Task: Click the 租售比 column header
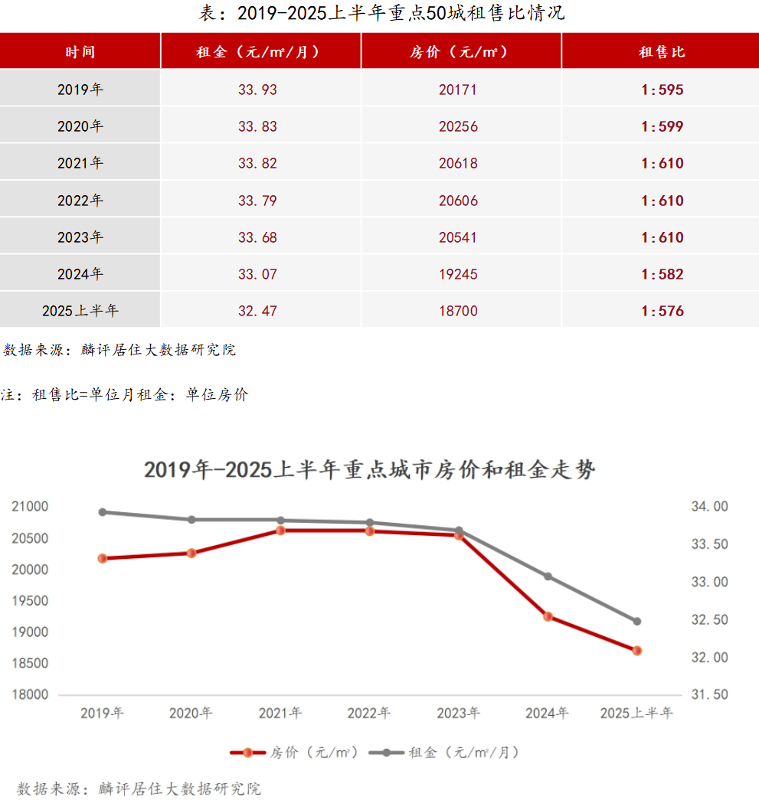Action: click(x=662, y=52)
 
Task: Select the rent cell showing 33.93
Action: click(x=257, y=90)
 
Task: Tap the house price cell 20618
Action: click(x=458, y=163)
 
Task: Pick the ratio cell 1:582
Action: click(x=662, y=274)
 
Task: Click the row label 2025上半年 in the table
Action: click(x=80, y=311)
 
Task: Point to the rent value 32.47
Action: click(x=257, y=311)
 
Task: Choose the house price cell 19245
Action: click(x=458, y=274)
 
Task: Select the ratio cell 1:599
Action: click(x=662, y=126)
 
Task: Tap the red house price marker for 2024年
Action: click(x=548, y=616)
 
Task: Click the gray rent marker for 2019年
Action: click(x=103, y=512)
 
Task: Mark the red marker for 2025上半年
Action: click(x=636, y=651)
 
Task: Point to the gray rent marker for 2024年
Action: click(x=548, y=576)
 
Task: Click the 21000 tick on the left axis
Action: click(x=30, y=507)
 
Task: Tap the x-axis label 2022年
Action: click(x=369, y=713)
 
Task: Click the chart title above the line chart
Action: click(x=369, y=470)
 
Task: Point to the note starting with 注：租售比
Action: click(x=126, y=395)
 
